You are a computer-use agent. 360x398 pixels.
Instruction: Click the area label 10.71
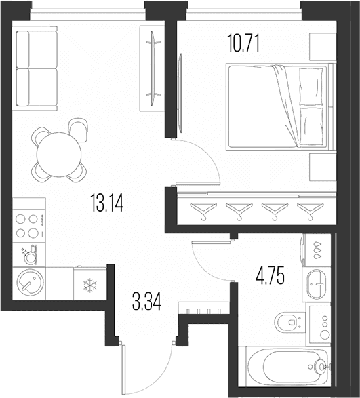click(243, 43)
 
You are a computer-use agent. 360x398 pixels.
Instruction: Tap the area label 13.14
click(107, 202)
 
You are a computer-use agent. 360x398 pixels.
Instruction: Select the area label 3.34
click(146, 301)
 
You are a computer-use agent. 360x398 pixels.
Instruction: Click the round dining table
click(59, 155)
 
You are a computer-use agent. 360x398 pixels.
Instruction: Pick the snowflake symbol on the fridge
click(90, 285)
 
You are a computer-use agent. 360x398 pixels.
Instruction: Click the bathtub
click(288, 367)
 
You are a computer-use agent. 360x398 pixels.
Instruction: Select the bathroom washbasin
click(317, 284)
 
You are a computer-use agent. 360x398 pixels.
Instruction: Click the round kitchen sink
click(30, 282)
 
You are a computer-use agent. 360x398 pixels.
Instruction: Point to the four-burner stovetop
click(29, 225)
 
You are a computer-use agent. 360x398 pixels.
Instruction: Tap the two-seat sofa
click(35, 68)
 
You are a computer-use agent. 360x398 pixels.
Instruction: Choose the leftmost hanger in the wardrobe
click(203, 211)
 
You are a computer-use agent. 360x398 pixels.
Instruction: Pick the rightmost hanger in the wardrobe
click(311, 211)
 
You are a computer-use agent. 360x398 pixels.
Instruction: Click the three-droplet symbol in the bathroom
click(317, 250)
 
